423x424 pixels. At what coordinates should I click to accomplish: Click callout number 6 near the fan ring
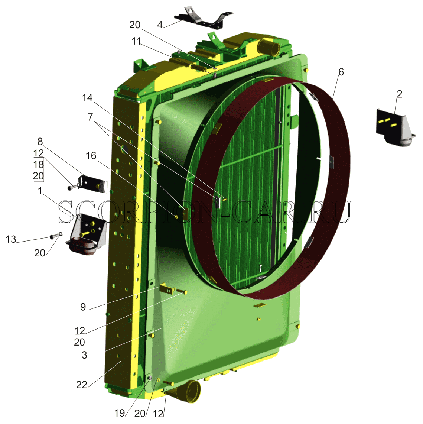click(x=341, y=72)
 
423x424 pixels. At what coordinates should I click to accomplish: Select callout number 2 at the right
click(x=400, y=94)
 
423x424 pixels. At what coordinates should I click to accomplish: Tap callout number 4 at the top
click(x=160, y=25)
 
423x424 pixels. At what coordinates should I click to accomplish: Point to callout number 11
click(x=137, y=41)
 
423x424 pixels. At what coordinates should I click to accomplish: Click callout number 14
click(x=87, y=98)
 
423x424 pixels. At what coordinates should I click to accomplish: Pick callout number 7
click(x=90, y=117)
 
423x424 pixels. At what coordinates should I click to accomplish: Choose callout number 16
click(x=91, y=156)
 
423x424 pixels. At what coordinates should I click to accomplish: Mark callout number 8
click(x=40, y=142)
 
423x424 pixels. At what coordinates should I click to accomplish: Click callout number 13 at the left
click(x=11, y=239)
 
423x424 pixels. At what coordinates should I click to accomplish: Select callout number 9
click(x=83, y=307)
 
